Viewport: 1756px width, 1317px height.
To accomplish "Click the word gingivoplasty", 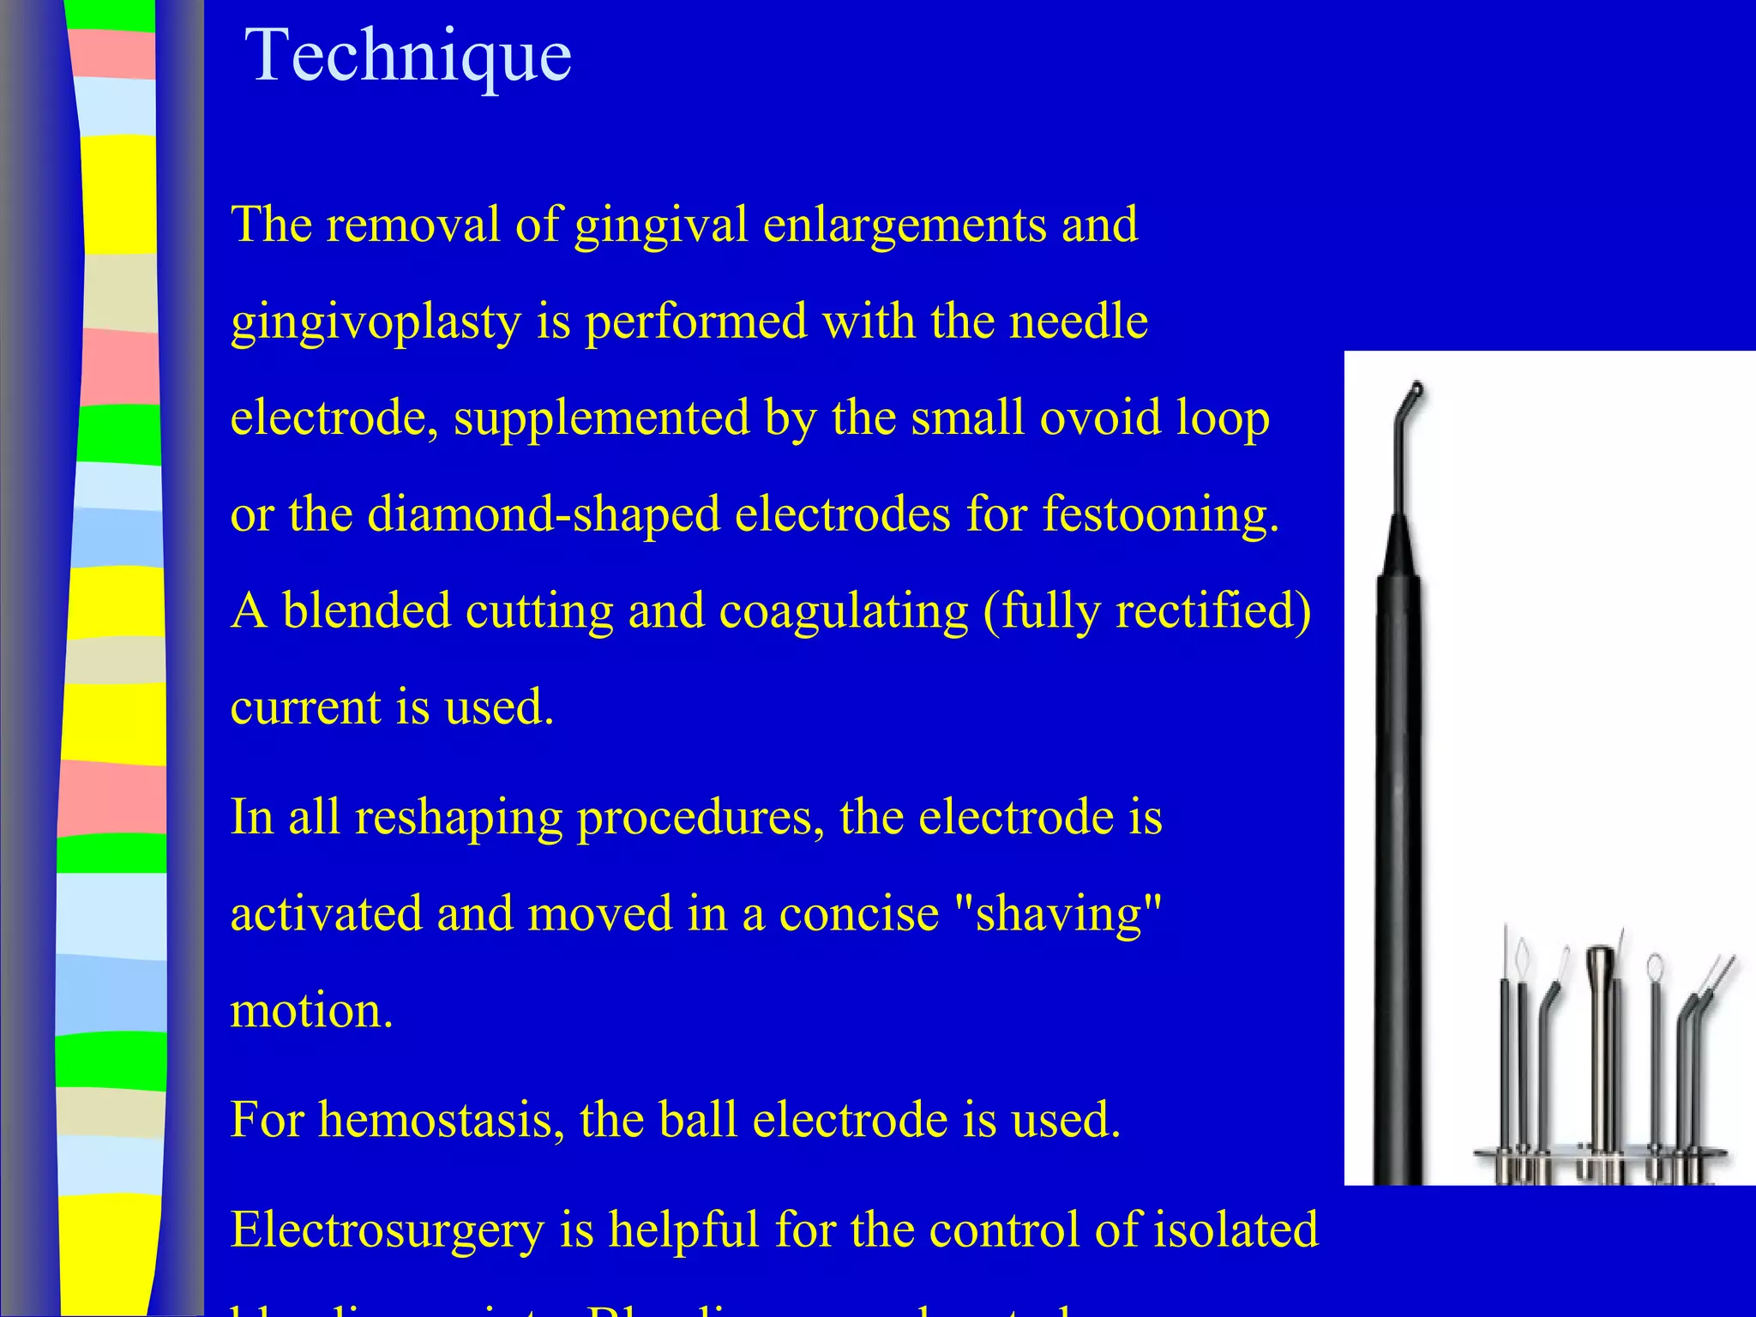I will point(376,322).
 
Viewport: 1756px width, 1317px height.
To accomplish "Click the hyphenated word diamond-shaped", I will point(544,515).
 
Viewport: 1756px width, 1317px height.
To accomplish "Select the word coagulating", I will point(844,611).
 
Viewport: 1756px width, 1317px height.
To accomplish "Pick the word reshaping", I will point(459,817).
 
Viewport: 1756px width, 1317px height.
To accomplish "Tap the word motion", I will point(311,1010).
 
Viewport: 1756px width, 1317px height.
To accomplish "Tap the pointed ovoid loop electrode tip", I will point(1522,952).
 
